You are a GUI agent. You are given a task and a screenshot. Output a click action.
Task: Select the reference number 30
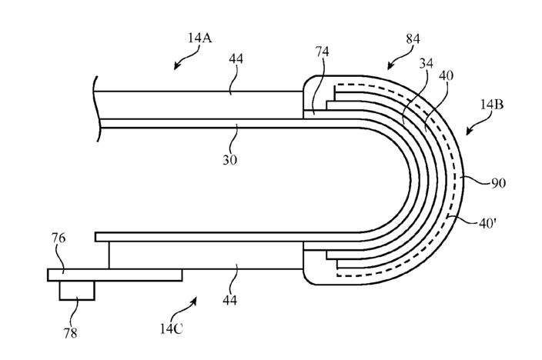[230, 160]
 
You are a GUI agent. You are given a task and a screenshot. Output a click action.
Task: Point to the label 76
[59, 238]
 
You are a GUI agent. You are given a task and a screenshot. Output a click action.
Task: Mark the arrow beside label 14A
[182, 62]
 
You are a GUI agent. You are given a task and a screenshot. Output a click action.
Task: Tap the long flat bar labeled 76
[115, 274]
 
